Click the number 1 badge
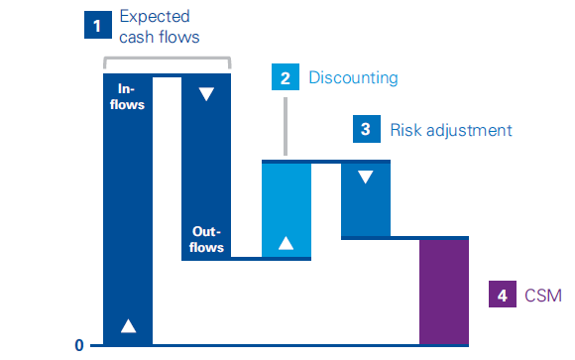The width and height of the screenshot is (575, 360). point(95,26)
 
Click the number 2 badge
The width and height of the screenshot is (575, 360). point(286,78)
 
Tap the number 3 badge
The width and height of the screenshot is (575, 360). point(366,129)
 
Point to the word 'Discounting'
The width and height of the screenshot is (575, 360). point(353,78)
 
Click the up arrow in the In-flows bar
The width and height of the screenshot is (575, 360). point(128,326)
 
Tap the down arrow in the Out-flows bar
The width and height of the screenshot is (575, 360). point(206,94)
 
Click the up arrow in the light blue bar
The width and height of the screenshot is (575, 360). point(287,243)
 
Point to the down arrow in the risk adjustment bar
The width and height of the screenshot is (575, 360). point(366,178)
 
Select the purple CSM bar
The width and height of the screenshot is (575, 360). point(444,292)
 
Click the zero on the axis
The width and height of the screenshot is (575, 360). point(78,345)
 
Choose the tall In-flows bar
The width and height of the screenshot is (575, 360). point(128,208)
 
